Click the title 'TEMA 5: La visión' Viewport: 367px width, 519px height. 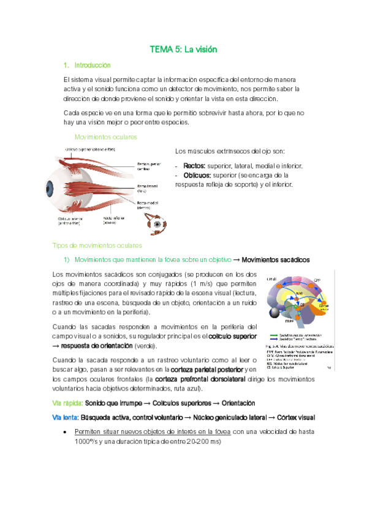[184, 49]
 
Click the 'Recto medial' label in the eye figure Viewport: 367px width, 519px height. [146, 205]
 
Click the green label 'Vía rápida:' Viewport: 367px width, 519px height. [66, 403]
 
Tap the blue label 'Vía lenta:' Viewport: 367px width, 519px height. [65, 417]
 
